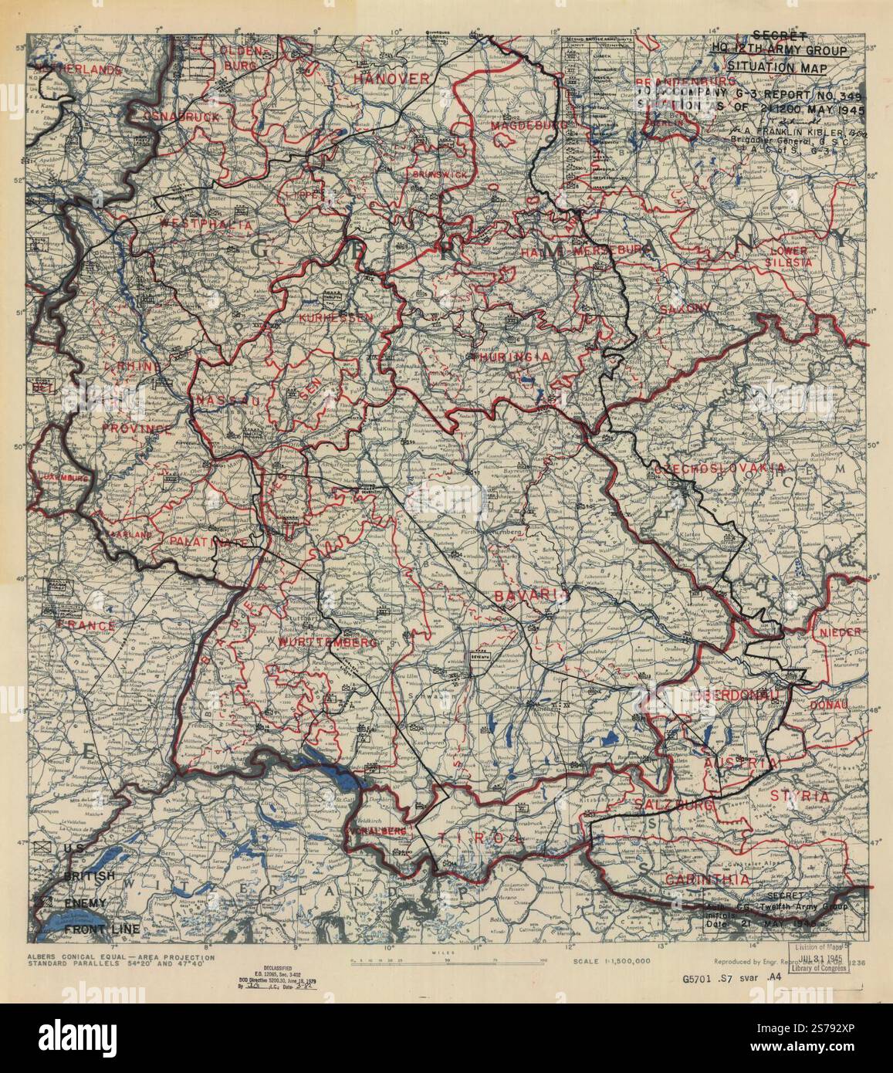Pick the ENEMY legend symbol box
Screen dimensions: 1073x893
point(43,902)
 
